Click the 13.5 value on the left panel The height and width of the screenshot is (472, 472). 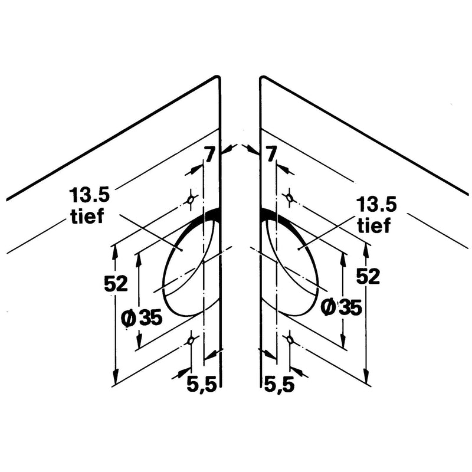[90, 195]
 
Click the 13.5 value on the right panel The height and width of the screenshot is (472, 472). [376, 205]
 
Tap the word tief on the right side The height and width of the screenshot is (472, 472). [374, 225]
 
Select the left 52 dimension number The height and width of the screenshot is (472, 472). [116, 284]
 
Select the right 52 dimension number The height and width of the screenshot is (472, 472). [368, 276]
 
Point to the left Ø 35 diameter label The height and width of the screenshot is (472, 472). [142, 318]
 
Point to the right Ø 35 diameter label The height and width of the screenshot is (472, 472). [342, 307]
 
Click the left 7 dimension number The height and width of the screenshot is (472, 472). [210, 155]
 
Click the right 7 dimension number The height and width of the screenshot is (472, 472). [271, 155]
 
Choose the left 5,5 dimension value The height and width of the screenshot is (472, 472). [202, 385]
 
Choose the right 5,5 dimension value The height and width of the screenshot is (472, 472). [279, 385]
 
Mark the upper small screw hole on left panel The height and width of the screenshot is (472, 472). [191, 199]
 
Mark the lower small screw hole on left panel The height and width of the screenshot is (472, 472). [191, 341]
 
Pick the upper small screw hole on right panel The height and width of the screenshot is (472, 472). [290, 198]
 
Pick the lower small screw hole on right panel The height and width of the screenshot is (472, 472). [290, 340]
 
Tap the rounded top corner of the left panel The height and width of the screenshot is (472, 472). [218, 77]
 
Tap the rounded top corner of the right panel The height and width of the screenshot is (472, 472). [263, 77]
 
